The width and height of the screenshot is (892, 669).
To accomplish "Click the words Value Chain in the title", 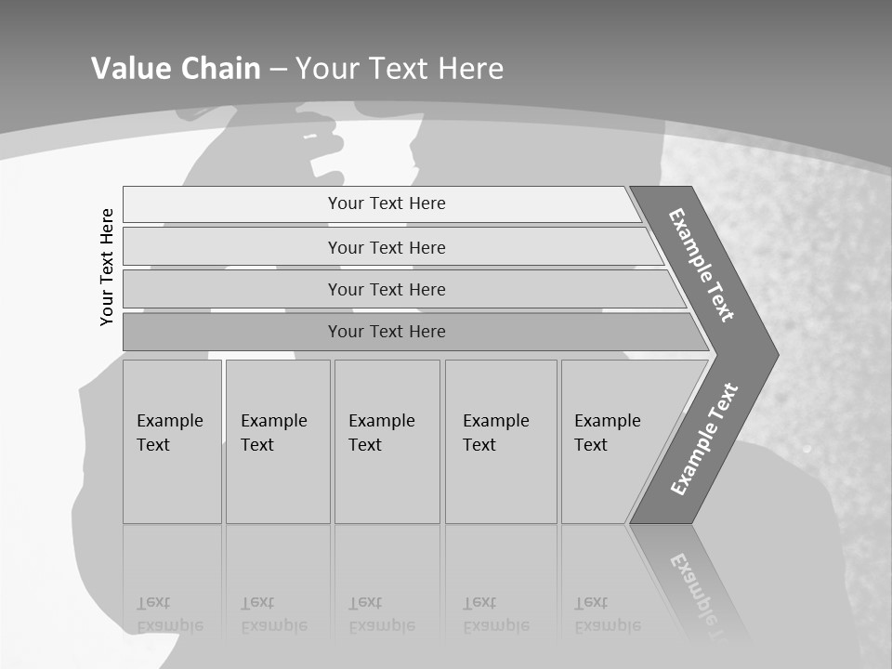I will click(176, 69).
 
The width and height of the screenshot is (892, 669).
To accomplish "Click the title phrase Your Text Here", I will click(400, 69).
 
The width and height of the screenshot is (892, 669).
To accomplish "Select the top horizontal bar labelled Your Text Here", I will click(387, 203).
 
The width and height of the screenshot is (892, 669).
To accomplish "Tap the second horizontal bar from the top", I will click(387, 247).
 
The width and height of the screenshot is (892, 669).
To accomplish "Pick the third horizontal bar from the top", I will click(387, 289).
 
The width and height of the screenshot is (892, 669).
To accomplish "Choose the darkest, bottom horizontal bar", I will click(387, 332).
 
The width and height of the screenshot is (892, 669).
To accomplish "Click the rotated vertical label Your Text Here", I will click(108, 267).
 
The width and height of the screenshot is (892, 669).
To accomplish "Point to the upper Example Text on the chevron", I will click(702, 265).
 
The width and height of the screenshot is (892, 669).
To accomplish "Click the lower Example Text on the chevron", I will click(703, 439).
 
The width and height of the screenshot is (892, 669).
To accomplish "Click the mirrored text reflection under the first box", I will click(171, 614).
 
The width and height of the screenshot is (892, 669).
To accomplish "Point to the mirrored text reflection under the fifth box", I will click(608, 614).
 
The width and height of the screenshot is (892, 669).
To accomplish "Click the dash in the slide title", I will click(278, 70).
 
